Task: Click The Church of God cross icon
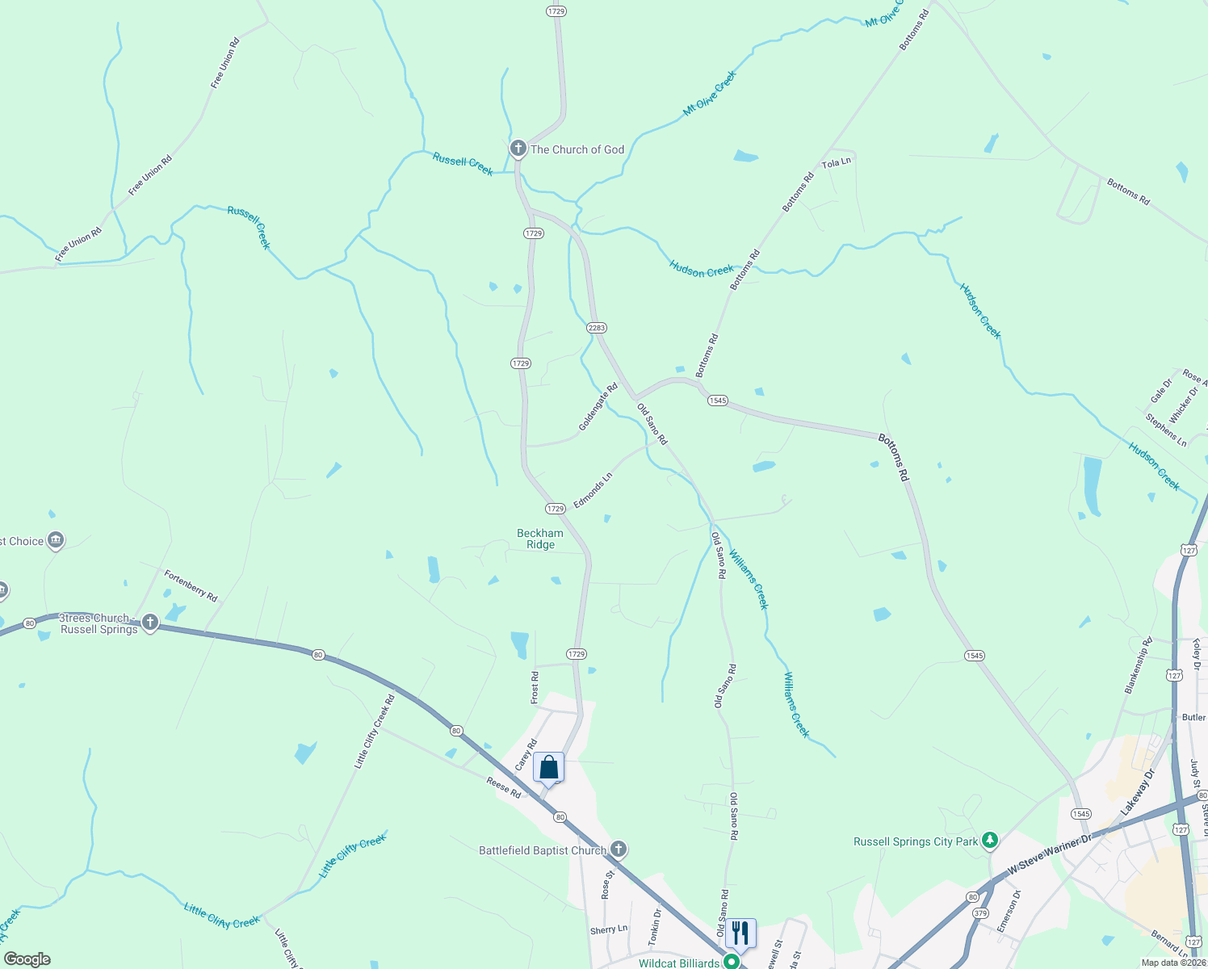coord(518,149)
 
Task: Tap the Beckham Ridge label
coord(540,539)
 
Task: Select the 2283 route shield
coord(597,328)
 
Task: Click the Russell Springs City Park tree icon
coord(989,841)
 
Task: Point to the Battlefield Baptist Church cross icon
coord(619,849)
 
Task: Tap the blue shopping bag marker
coord(548,768)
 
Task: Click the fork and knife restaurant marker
coord(740,933)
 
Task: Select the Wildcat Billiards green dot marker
coord(732,962)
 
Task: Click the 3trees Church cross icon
coord(149,622)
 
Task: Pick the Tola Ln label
coord(837,162)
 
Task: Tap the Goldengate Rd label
coord(598,407)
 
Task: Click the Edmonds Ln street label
coord(593,491)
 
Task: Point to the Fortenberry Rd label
coord(191,585)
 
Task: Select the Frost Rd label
coord(534,687)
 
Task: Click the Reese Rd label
coord(504,787)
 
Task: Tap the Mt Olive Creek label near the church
coord(710,93)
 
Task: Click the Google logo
coord(27,959)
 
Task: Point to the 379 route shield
coord(980,913)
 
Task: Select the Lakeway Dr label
coord(1138,791)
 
